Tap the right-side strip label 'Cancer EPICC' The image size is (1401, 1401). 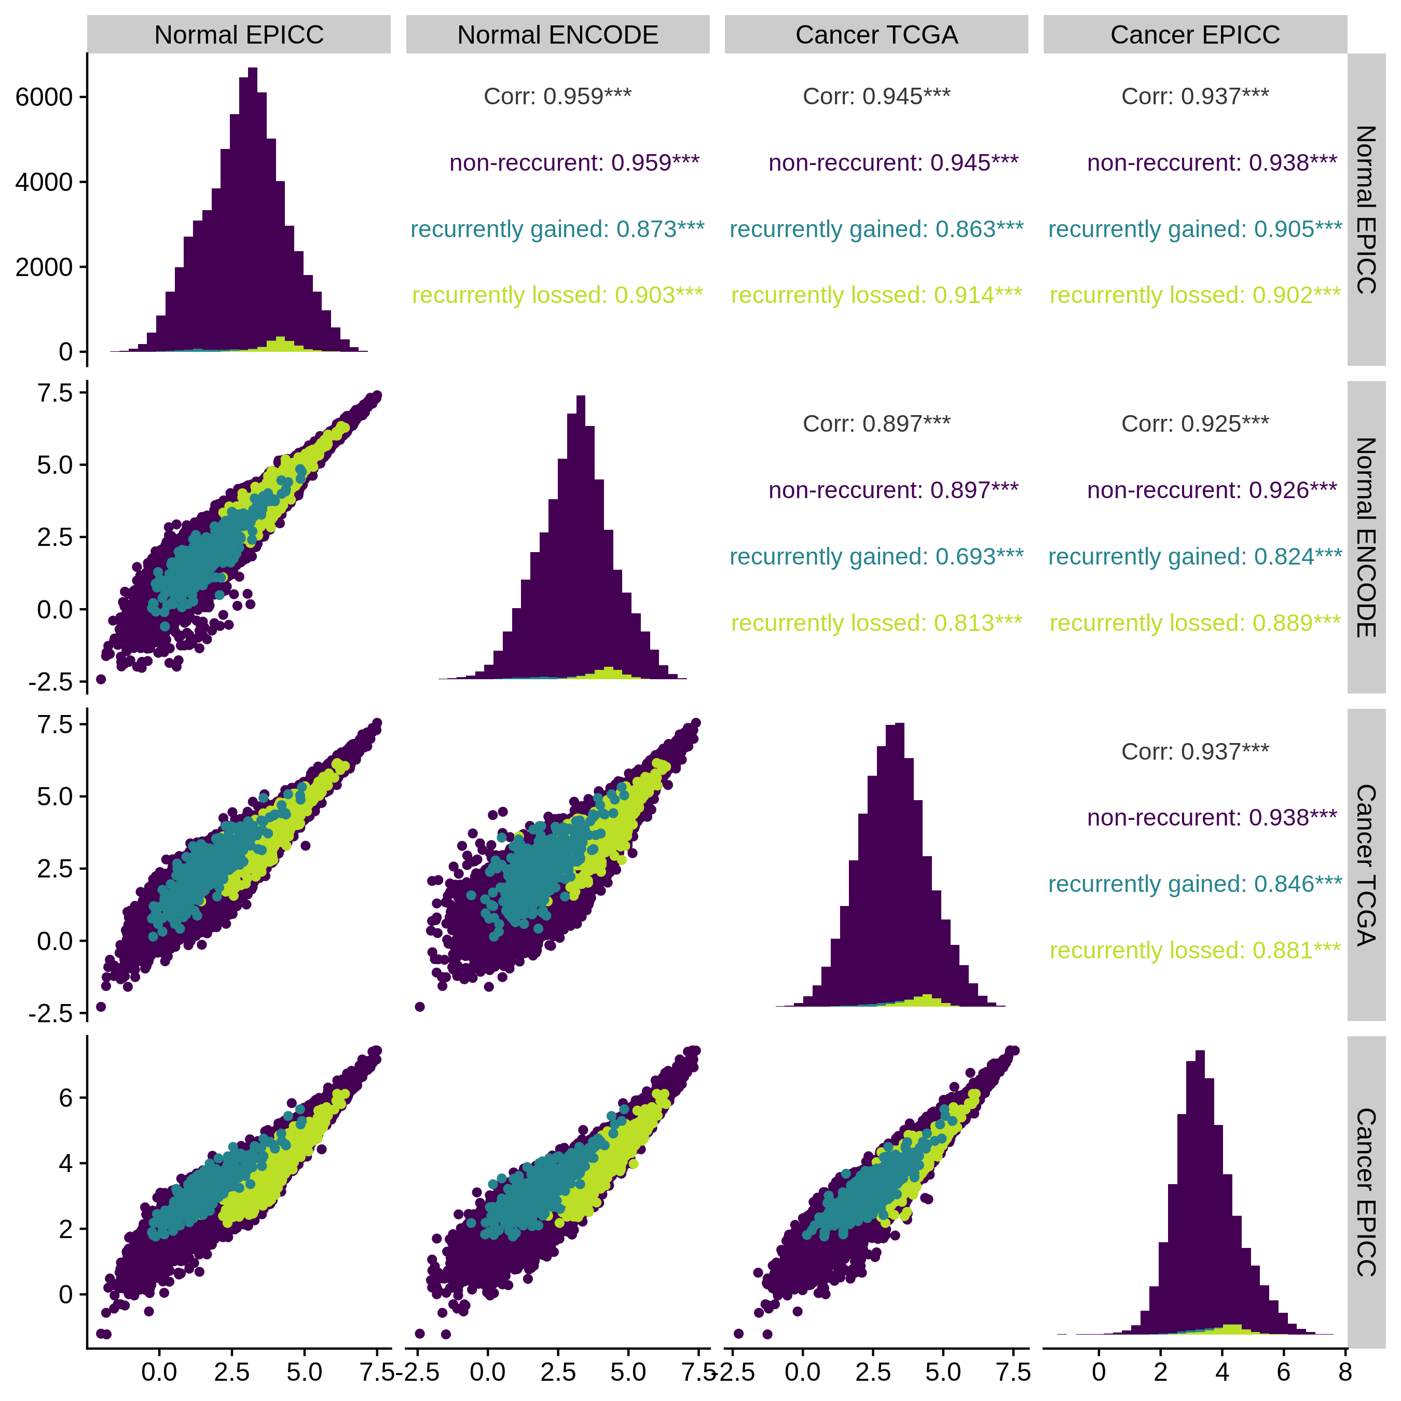[1366, 1192]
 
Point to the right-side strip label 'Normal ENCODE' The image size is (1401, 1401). [1366, 538]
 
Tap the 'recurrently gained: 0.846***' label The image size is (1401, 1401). [1194, 884]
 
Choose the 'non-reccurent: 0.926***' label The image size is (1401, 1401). [1211, 490]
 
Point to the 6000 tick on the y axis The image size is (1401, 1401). [44, 97]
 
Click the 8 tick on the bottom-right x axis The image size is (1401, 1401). [1345, 1372]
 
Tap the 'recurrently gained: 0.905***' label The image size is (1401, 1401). [1194, 229]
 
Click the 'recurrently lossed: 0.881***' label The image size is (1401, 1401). [1194, 950]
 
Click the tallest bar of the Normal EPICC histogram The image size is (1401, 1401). [252, 217]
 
